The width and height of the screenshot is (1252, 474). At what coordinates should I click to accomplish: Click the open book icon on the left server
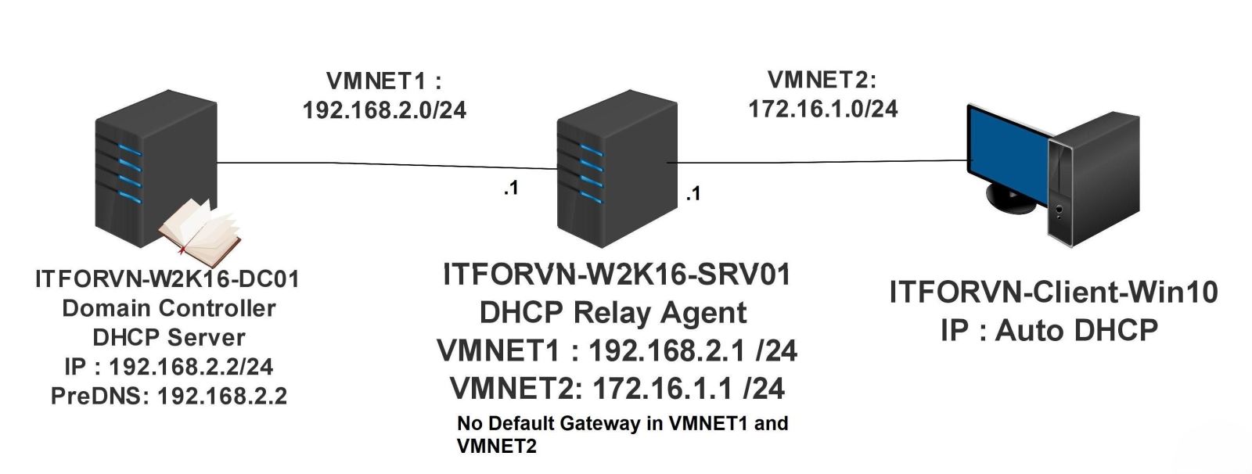point(200,232)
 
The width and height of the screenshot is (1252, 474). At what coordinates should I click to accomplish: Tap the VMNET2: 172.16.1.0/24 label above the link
point(822,94)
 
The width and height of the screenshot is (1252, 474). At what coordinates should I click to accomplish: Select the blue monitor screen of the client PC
point(1006,149)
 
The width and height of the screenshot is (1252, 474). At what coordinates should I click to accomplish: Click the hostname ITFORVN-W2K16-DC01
point(167,279)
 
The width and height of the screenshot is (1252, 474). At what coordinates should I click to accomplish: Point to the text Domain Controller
point(169,308)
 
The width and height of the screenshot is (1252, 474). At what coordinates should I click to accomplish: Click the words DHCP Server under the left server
point(169,337)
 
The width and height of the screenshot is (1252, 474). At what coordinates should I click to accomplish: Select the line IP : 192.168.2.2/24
point(169,366)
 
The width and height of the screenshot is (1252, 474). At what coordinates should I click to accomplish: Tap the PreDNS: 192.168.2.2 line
point(169,396)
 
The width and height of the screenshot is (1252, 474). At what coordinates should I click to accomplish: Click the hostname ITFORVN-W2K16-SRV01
point(617,275)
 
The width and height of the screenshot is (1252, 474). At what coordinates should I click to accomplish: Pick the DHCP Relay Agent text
point(613,313)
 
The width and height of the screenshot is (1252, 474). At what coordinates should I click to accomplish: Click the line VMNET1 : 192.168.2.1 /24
point(617,350)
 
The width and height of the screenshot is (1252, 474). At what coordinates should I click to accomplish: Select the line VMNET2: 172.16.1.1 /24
point(617,388)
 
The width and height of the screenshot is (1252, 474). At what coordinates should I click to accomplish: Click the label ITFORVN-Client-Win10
point(1053,293)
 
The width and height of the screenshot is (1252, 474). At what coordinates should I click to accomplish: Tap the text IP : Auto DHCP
point(1049,330)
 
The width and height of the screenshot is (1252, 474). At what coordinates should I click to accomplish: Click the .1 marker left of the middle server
point(510,188)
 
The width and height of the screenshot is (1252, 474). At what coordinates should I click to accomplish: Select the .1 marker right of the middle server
point(693,193)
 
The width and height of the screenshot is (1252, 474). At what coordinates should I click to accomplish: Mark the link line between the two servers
point(383,165)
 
